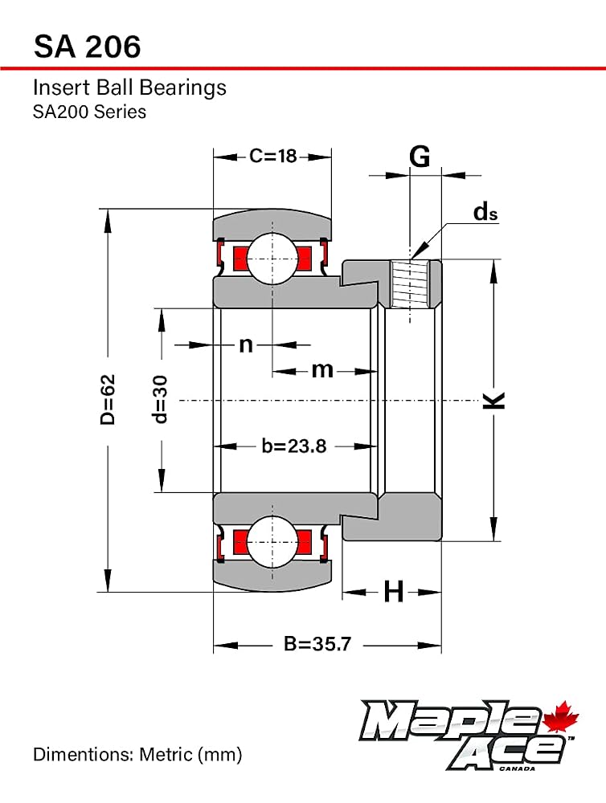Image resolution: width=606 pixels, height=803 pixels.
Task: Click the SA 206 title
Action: point(87,47)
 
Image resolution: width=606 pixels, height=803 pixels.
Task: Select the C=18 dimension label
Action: point(272,156)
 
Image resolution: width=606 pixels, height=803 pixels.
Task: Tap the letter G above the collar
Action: point(420,157)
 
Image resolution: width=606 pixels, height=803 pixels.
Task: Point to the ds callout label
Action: point(485,211)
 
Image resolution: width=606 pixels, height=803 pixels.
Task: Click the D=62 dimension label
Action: point(108,399)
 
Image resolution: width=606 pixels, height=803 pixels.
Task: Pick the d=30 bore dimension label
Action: point(160,399)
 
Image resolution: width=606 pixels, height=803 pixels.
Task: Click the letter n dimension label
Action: point(246,344)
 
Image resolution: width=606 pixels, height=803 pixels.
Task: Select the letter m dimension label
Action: point(322,369)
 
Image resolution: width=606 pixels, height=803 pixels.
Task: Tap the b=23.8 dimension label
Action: point(294,446)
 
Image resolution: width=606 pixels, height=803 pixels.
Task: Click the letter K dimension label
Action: point(494,400)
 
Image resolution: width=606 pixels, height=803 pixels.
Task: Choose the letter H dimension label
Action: point(393,592)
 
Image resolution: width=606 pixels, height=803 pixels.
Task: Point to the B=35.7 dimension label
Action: point(317,644)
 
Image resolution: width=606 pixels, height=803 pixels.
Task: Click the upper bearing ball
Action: point(272,258)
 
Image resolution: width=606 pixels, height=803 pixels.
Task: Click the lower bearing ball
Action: point(272,542)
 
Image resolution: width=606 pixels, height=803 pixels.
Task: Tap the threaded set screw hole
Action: point(410,284)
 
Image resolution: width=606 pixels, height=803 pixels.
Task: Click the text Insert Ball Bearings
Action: point(129,88)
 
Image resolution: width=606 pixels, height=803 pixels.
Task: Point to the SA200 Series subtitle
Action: point(90,112)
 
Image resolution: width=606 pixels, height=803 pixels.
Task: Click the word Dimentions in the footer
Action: point(83,754)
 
